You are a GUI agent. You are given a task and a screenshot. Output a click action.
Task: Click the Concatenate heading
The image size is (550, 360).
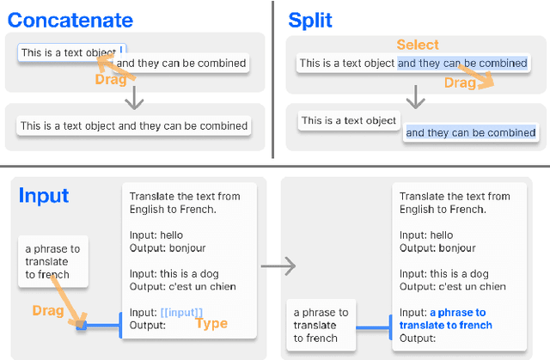pyautogui.click(x=70, y=20)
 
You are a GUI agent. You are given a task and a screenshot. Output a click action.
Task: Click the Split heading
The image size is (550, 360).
pyautogui.click(x=310, y=20)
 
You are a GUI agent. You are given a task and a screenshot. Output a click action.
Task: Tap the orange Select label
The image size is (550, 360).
pyautogui.click(x=418, y=45)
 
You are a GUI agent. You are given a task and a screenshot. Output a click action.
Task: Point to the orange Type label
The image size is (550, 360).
pyautogui.click(x=211, y=324)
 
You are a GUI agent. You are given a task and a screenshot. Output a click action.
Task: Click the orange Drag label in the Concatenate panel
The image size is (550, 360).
pyautogui.click(x=115, y=80)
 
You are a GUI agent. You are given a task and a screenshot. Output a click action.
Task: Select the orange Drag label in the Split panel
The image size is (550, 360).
pyautogui.click(x=460, y=82)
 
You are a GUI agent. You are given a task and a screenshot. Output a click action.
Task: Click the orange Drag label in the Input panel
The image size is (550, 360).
pyautogui.click(x=47, y=309)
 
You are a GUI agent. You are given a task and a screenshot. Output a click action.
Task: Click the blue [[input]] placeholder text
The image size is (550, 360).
pyautogui.click(x=181, y=312)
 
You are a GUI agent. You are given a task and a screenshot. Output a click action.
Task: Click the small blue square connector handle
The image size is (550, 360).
pyautogui.click(x=82, y=326)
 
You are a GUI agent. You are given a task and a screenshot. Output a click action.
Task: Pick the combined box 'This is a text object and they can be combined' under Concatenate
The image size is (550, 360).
pyautogui.click(x=133, y=125)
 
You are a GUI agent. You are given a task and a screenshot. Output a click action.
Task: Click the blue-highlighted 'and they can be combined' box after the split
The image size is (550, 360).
pyautogui.click(x=470, y=132)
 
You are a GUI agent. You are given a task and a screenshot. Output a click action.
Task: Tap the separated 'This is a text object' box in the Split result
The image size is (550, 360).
pyautogui.click(x=349, y=121)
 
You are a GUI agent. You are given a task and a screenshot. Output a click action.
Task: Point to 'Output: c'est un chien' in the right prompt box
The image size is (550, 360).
pyautogui.click(x=452, y=286)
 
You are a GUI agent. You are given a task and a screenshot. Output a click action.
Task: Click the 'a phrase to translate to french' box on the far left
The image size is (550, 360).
pyautogui.click(x=52, y=262)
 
